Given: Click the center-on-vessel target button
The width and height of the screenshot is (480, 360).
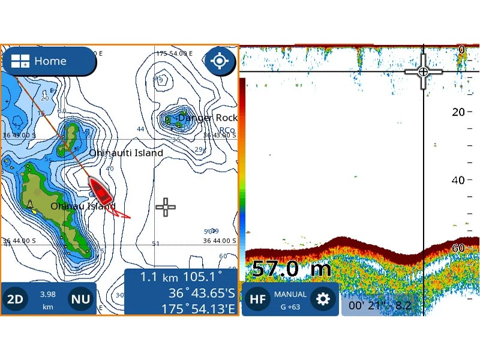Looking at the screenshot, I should [x=220, y=61].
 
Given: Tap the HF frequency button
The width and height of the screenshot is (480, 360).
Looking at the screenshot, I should [x=257, y=299].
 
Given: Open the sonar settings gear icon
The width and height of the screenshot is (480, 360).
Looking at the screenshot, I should [x=323, y=299].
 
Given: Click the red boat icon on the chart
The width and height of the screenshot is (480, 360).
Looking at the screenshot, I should [x=101, y=190].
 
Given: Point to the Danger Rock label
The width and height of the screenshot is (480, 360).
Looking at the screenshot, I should [x=208, y=118].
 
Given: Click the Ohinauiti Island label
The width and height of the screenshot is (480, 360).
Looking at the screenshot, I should [x=126, y=153].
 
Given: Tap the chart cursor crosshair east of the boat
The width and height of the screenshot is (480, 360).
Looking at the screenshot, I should [x=166, y=208].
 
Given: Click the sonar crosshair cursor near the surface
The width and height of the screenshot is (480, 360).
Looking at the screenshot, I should [x=424, y=72].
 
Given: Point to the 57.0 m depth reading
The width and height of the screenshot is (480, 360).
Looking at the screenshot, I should [x=283, y=268].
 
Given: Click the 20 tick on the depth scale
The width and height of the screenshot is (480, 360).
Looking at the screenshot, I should [x=458, y=112].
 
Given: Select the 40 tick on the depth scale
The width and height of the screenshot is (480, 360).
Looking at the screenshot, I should [x=458, y=180].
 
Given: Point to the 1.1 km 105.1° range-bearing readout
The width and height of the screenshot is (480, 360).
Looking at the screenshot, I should [x=181, y=277].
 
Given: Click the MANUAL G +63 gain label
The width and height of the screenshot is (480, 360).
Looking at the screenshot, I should [x=290, y=299].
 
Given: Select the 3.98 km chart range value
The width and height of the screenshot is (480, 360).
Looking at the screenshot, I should [x=48, y=299].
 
